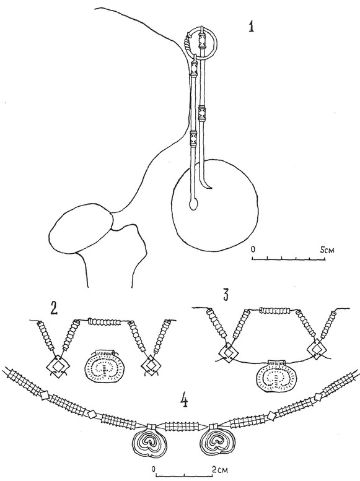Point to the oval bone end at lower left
point(81,228)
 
